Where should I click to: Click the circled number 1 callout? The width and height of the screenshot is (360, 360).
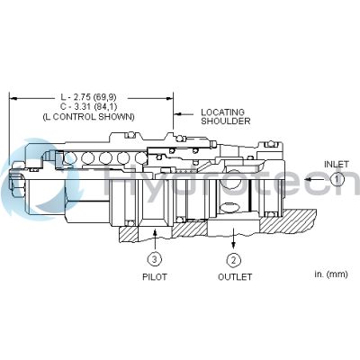click(x=335, y=179)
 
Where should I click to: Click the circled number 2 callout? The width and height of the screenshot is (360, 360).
click(x=233, y=260)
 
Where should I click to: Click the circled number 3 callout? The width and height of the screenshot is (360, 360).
click(x=155, y=260)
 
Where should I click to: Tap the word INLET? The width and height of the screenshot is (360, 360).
click(x=336, y=164)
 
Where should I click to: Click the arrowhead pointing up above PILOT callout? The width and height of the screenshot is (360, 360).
click(x=155, y=232)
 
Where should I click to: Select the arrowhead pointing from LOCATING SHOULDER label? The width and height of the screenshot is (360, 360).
click(x=178, y=113)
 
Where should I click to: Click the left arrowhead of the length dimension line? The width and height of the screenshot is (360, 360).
click(x=11, y=94)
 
